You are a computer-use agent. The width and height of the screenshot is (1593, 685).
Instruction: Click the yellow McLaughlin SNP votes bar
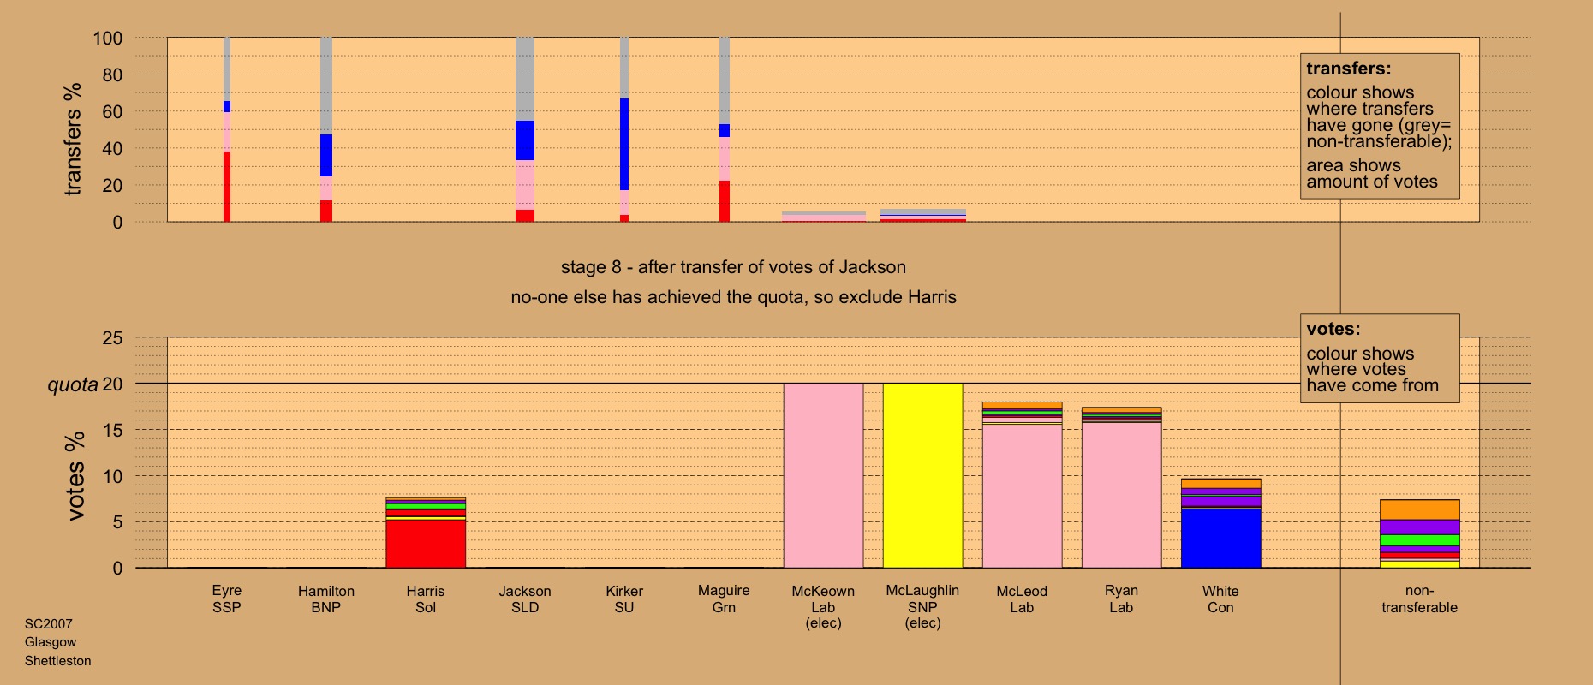click(x=922, y=475)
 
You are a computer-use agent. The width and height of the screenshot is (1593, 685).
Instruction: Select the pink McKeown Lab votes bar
click(x=823, y=475)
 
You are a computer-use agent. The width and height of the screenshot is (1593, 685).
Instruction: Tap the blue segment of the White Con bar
click(x=1220, y=538)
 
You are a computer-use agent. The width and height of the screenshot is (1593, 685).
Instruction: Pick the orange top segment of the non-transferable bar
click(x=1419, y=509)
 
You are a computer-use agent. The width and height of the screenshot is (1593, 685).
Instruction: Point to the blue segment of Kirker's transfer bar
click(x=624, y=144)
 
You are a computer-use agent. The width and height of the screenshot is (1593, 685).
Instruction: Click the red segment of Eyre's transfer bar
click(x=227, y=187)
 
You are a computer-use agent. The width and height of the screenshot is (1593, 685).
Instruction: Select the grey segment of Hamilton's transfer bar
click(x=326, y=86)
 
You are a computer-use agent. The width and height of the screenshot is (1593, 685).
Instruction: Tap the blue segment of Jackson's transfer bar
click(x=525, y=140)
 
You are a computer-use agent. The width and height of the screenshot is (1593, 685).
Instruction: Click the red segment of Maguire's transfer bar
click(x=725, y=201)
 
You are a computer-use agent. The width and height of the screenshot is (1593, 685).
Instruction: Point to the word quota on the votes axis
click(x=73, y=384)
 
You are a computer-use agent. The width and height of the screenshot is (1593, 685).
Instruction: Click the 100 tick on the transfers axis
click(x=108, y=39)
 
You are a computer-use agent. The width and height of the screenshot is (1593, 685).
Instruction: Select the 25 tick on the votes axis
click(x=112, y=338)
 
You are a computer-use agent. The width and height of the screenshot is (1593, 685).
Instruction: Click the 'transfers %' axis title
click(x=73, y=139)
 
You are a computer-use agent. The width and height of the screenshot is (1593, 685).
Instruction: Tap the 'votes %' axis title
click(x=75, y=476)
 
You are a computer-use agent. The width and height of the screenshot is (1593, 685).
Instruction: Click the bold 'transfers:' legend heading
click(x=1348, y=68)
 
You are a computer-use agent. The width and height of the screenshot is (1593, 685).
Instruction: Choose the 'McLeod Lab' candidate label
click(x=1022, y=599)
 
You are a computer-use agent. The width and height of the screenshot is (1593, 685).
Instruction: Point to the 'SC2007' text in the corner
click(x=48, y=624)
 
